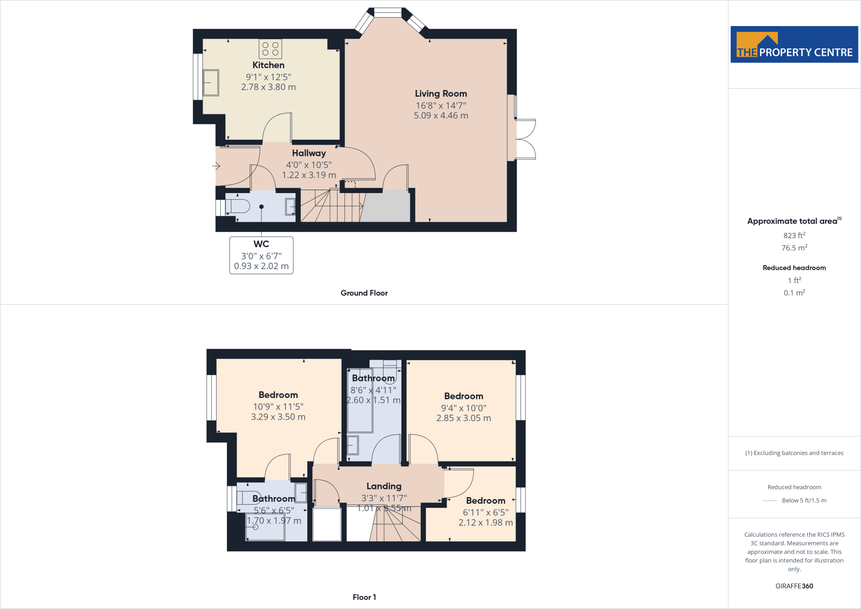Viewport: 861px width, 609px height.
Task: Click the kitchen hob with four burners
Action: (x=270, y=49)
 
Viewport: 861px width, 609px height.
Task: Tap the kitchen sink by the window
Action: (x=211, y=83)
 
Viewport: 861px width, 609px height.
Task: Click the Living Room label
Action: (x=441, y=94)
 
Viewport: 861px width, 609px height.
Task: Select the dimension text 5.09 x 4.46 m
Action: (x=441, y=116)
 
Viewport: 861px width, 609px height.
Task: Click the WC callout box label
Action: (x=261, y=244)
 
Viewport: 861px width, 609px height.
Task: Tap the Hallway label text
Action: (x=309, y=154)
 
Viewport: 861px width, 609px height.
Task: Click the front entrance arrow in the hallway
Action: (x=216, y=166)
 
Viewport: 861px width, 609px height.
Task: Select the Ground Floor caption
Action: (x=364, y=293)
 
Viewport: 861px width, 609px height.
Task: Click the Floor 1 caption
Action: (x=364, y=597)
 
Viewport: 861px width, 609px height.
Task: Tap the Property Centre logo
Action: (x=794, y=45)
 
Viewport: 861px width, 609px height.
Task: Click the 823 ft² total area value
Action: (x=794, y=236)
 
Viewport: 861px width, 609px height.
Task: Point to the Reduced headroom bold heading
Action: (x=794, y=268)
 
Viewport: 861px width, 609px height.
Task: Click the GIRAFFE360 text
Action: (x=794, y=586)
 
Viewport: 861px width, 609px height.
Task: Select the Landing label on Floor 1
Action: (x=384, y=486)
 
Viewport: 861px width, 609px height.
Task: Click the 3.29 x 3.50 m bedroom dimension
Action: (x=278, y=417)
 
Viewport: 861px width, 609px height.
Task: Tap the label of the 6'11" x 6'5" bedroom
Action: (x=486, y=500)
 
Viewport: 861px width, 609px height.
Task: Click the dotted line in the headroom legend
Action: (x=769, y=500)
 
